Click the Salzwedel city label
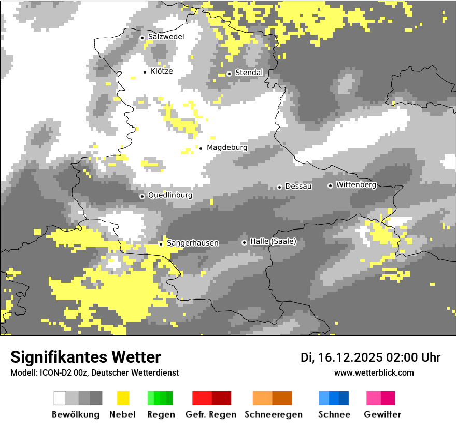pos(166,37)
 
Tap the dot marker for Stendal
pos(229,73)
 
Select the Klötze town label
pos(162,71)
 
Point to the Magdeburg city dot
pos(201,148)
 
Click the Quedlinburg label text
pos(170,196)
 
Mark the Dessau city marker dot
pos(279,187)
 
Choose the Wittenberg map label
pos(356,185)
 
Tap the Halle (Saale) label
pos(273,241)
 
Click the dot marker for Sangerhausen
pos(161,243)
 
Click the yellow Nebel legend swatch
pos(123,398)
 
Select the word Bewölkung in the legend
pos(76,414)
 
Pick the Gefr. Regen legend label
pos(210,414)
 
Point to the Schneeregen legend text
pos(273,414)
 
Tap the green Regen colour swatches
pos(160,398)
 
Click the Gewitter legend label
pos(382,414)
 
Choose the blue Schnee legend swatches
pos(334,398)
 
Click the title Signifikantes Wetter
pos(85,357)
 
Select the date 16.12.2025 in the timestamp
pos(350,357)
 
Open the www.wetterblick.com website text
pos(374,373)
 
